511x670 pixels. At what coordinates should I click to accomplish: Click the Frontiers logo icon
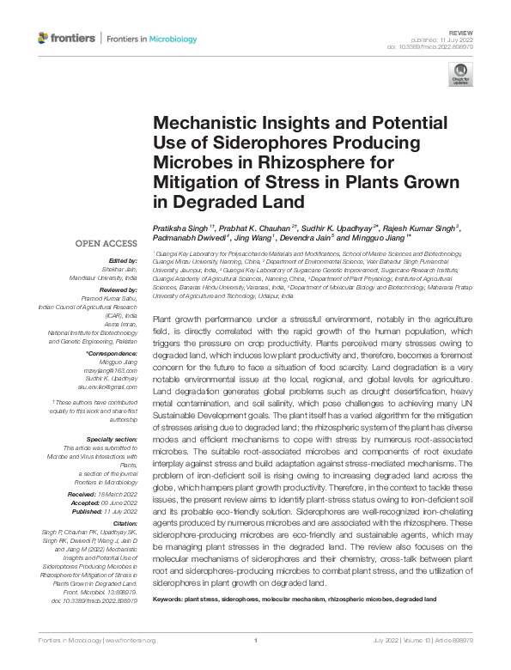pyautogui.click(x=44, y=38)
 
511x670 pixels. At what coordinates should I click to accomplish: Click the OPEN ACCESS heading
pyautogui.click(x=107, y=244)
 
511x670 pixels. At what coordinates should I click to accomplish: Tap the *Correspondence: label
pyautogui.click(x=113, y=354)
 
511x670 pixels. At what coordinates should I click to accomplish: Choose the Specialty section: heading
pyautogui.click(x=113, y=438)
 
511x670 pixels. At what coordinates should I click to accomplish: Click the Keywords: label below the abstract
pyautogui.click(x=172, y=599)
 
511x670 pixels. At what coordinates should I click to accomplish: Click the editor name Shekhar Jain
pyautogui.click(x=120, y=268)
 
